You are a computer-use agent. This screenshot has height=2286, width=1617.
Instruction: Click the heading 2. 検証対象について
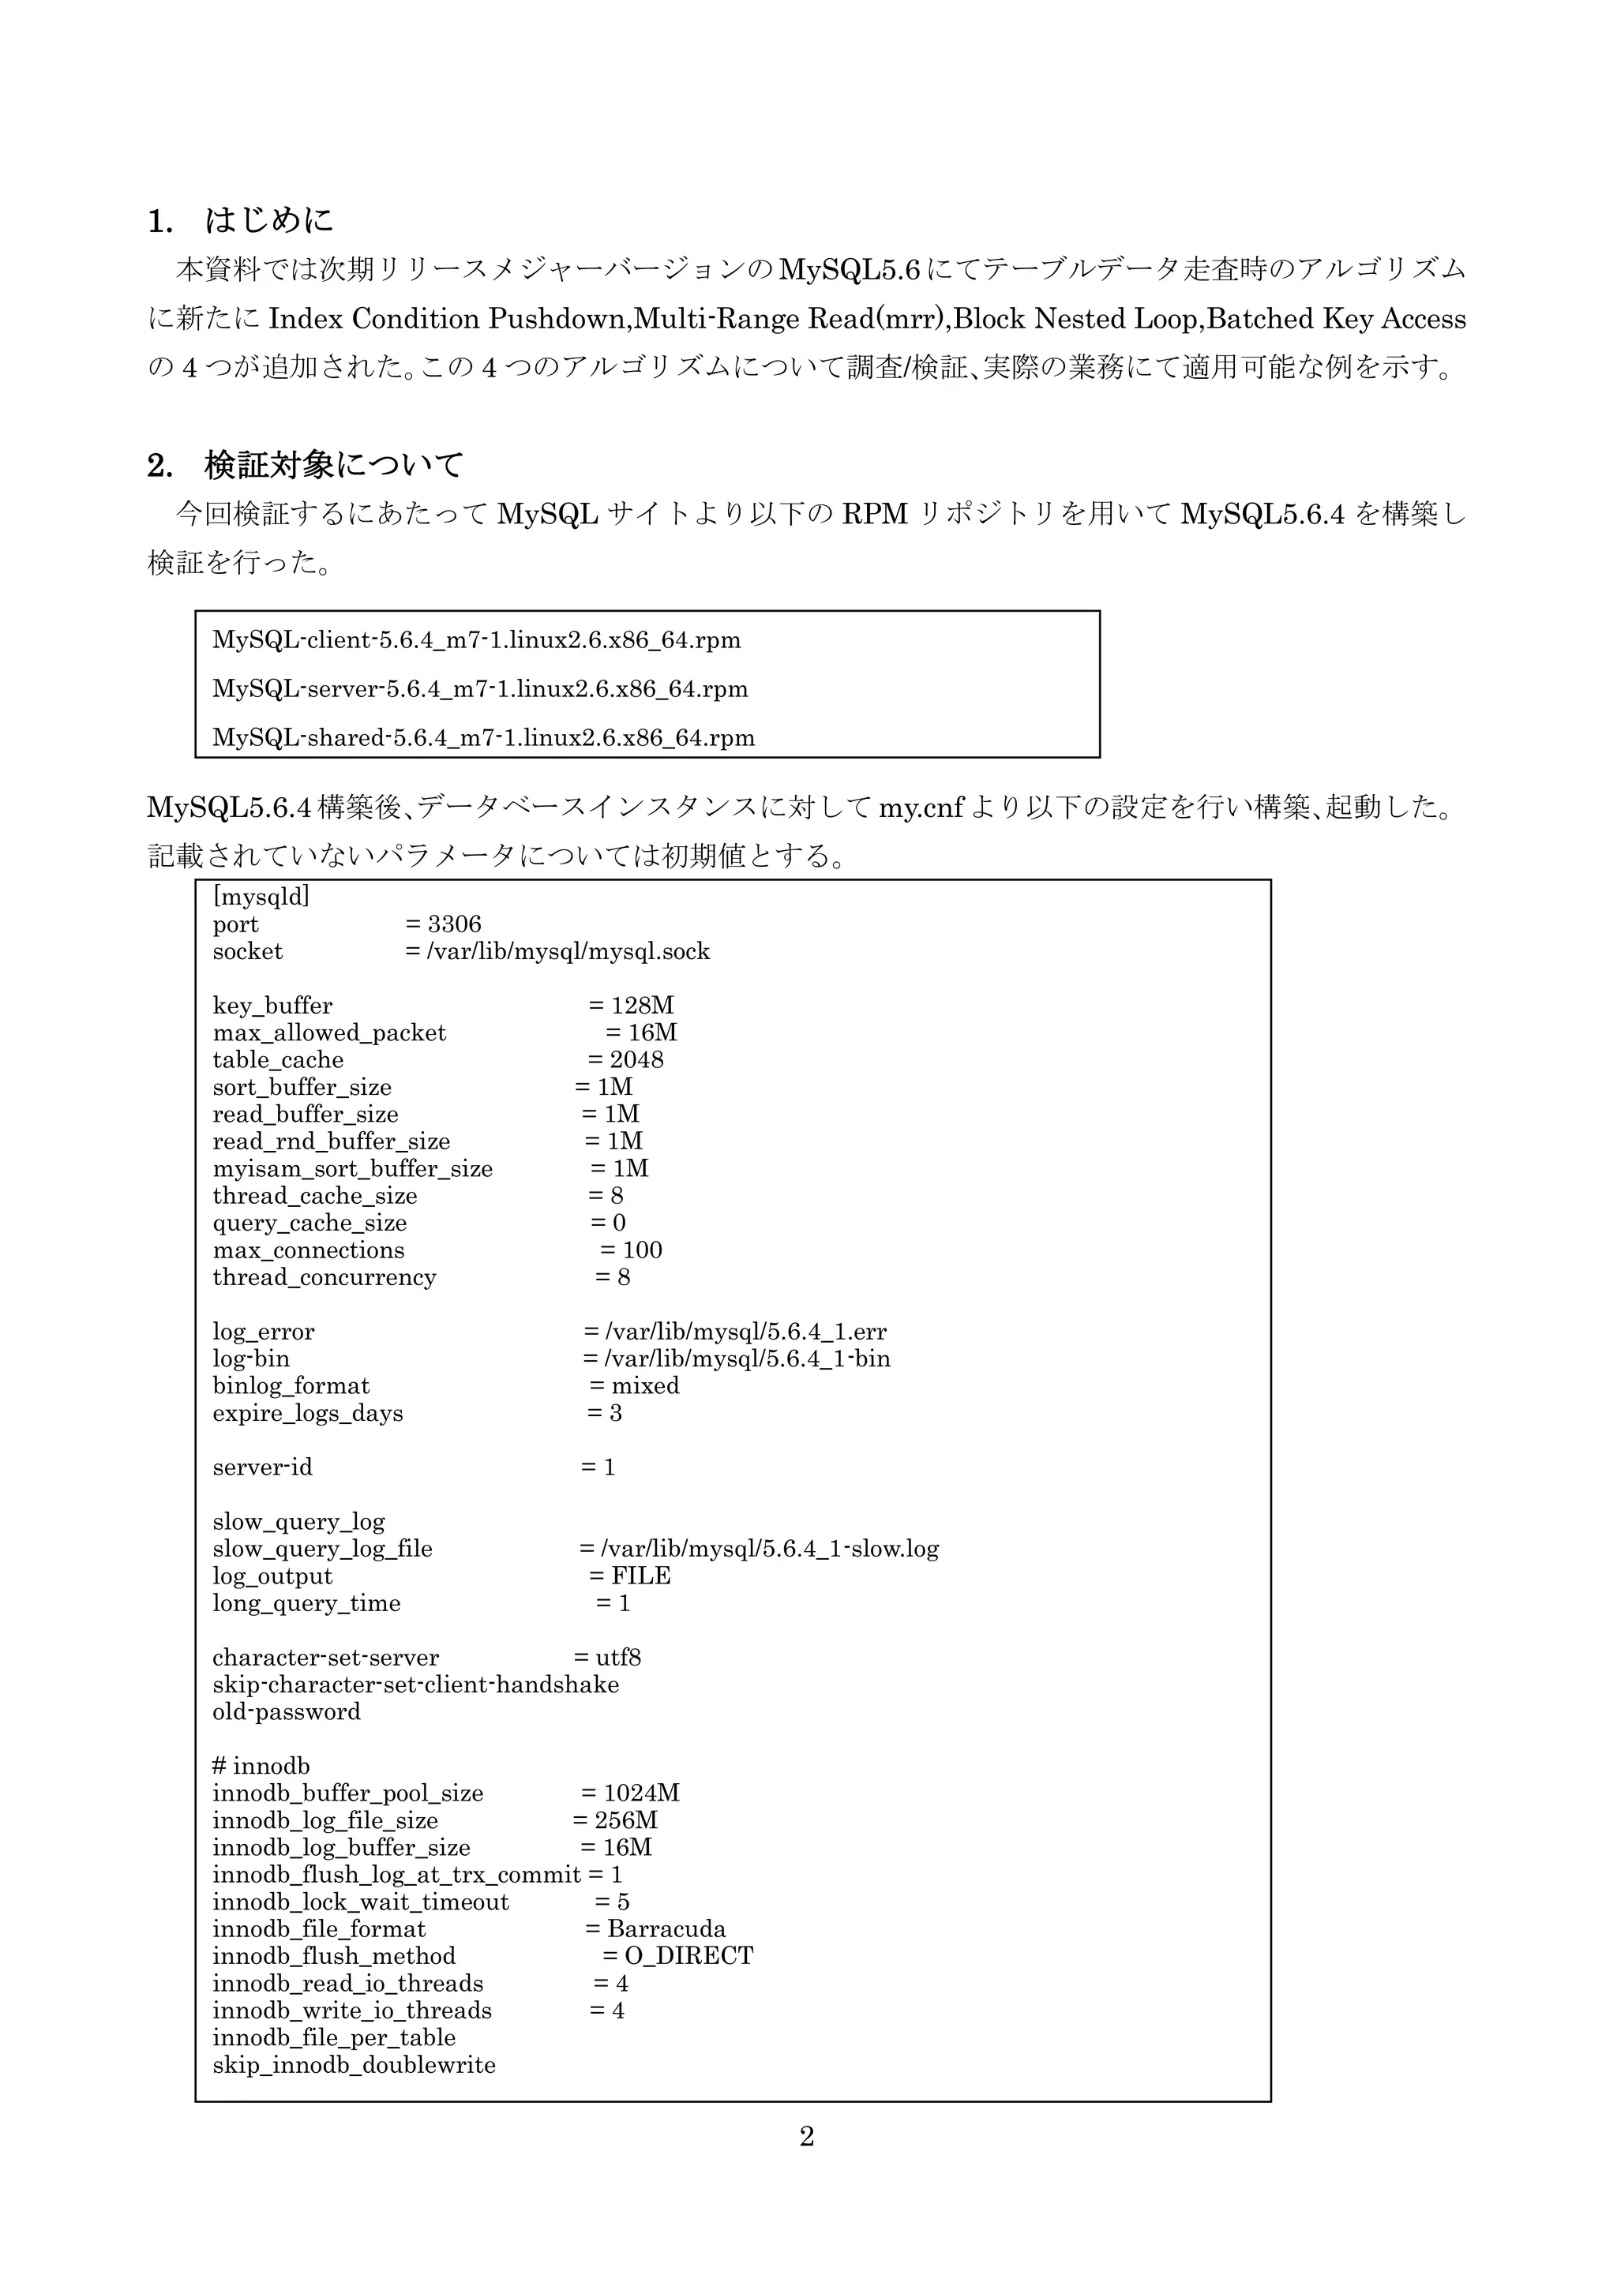point(305,465)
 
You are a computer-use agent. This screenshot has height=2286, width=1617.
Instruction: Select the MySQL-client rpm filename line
point(476,640)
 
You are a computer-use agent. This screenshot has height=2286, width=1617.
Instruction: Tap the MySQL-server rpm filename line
point(480,689)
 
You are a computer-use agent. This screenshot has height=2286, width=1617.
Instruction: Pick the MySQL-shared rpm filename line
point(483,738)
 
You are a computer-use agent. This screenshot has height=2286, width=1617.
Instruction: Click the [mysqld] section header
point(261,897)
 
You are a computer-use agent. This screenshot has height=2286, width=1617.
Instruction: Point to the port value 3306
point(454,924)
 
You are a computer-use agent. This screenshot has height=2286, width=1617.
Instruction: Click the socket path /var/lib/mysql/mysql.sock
point(568,952)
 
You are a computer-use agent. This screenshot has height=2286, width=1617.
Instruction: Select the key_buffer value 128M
point(642,1006)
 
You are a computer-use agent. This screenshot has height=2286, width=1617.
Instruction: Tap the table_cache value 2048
point(636,1060)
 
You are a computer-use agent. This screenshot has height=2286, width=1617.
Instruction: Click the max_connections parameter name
point(309,1250)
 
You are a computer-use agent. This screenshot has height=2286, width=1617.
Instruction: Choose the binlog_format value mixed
point(645,1386)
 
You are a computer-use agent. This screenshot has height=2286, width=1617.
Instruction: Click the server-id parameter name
point(262,1467)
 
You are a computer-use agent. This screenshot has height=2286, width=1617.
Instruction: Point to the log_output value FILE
point(641,1576)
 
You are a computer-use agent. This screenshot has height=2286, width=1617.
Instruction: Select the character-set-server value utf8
point(618,1658)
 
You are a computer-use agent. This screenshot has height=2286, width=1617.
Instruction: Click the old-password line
point(287,1712)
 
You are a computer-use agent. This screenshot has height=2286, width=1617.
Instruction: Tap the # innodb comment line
point(261,1767)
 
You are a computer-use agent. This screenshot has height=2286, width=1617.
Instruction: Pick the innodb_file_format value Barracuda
point(666,1929)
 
